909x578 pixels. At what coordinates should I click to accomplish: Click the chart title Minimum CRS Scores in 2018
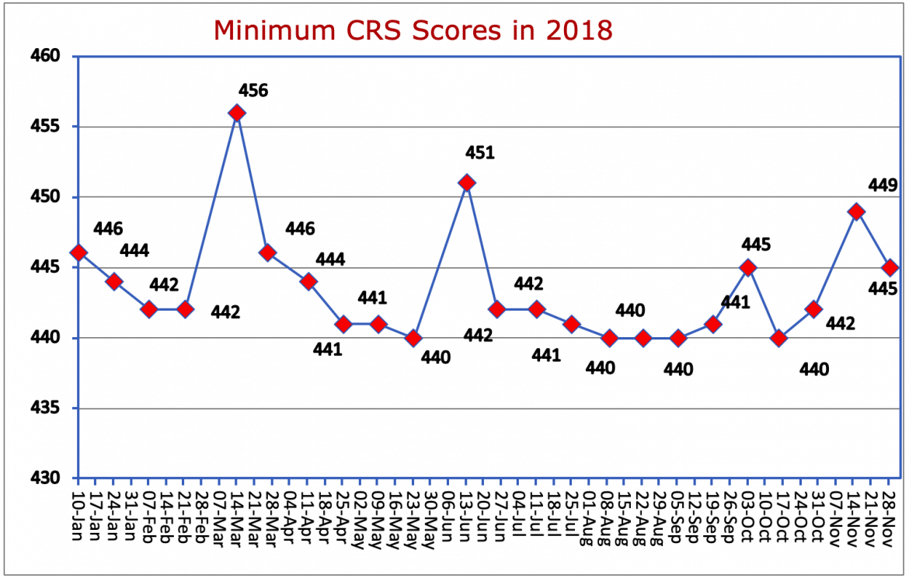[413, 30]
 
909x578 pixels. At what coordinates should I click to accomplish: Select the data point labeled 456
[238, 113]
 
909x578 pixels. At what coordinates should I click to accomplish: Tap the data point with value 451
[466, 183]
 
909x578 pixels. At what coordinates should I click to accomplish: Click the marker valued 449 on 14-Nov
[856, 211]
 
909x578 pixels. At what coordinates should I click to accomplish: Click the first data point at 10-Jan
[78, 253]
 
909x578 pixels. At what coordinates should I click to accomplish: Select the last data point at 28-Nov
[890, 267]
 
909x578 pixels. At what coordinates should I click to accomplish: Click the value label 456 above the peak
[252, 91]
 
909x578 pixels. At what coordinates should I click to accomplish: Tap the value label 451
[479, 153]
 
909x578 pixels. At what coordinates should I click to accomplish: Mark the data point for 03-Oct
[748, 267]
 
